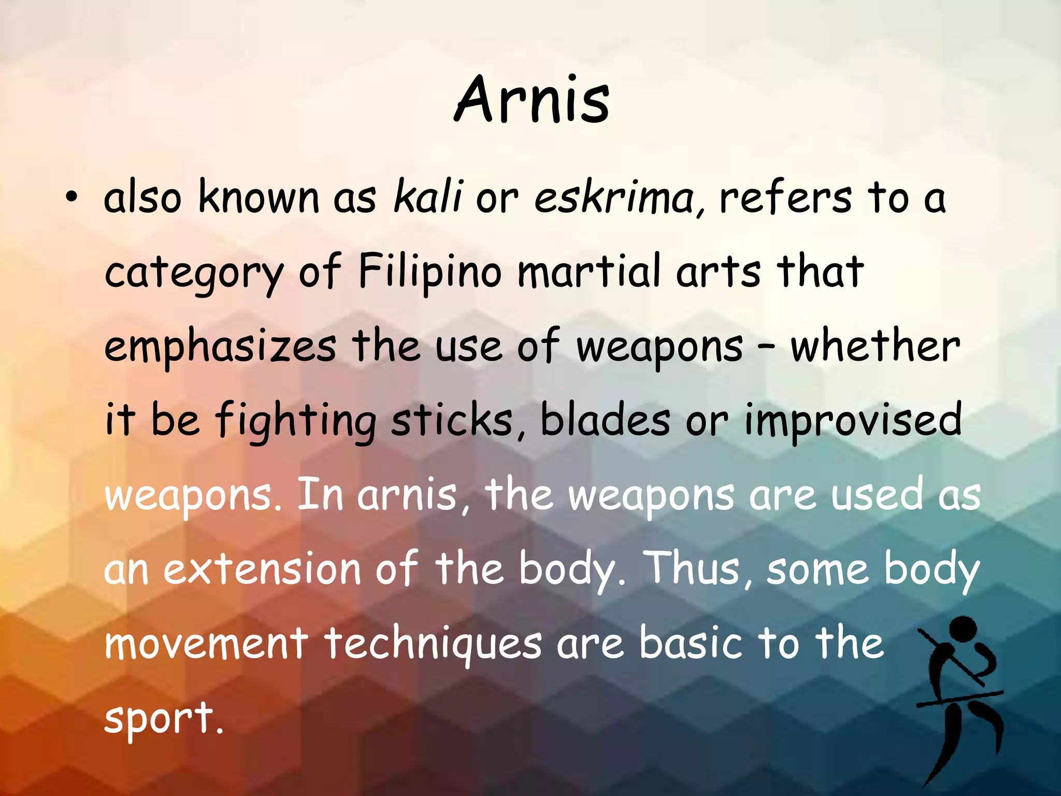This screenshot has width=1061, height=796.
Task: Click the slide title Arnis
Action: [532, 99]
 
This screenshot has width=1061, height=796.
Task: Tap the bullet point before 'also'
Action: [71, 198]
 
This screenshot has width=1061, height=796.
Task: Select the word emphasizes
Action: [220, 346]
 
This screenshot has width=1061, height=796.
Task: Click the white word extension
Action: [262, 568]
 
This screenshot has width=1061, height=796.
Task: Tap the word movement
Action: [206, 643]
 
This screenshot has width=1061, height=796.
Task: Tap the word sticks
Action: [451, 420]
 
